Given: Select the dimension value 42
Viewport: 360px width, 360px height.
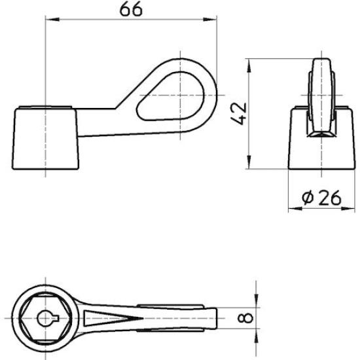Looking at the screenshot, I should pyautogui.click(x=240, y=112).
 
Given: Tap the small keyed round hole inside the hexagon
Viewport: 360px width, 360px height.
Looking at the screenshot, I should pyautogui.click(x=44, y=319).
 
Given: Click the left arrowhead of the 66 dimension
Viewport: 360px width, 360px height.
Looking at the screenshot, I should pyautogui.click(x=48, y=20).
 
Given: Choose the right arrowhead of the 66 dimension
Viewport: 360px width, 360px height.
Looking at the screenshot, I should pyautogui.click(x=213, y=20).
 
